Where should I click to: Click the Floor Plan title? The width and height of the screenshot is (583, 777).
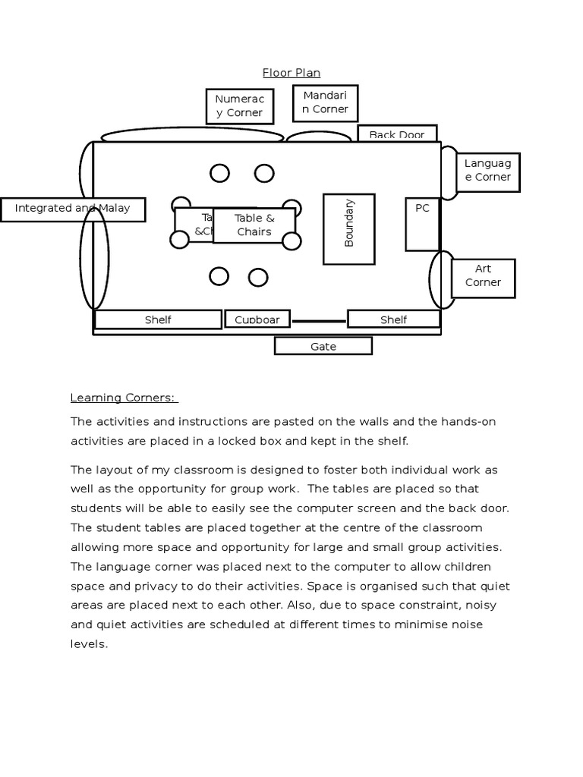(291, 73)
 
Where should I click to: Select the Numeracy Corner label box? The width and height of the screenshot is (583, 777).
(239, 106)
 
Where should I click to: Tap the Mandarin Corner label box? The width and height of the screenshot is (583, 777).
(325, 102)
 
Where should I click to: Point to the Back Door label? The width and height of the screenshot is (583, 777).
(397, 134)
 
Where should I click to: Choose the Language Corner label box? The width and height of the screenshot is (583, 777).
(487, 171)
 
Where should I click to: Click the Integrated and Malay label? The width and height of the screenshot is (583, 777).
(72, 209)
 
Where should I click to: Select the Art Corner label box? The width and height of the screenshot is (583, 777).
(483, 276)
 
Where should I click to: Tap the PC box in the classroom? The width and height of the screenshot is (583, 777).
(422, 225)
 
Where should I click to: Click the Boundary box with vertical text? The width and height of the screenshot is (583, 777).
(349, 228)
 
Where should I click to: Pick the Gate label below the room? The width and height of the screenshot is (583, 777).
(323, 347)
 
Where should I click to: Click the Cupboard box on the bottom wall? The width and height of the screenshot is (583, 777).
(257, 319)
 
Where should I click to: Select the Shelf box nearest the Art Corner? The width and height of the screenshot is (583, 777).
(393, 319)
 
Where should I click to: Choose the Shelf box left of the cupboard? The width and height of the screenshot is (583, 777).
(158, 319)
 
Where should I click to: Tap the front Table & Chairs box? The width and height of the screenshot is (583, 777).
(254, 225)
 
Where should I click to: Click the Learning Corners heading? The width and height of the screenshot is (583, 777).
(123, 398)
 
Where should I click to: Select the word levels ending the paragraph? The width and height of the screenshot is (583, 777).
(89, 644)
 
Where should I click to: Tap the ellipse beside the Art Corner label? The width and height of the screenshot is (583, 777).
(443, 280)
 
